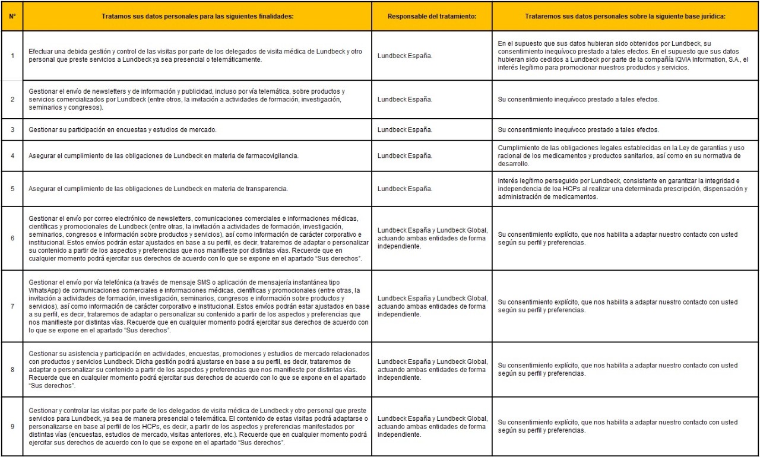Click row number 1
12,56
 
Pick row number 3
12,129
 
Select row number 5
12,189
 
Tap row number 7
12,306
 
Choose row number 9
12,427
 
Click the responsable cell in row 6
432,238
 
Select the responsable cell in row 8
432,369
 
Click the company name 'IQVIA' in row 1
667,60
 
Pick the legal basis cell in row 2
578,100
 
